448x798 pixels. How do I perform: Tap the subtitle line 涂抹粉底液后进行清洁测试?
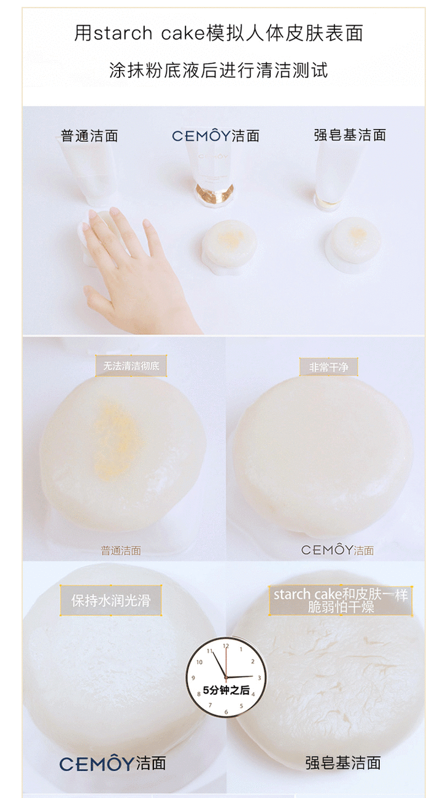click(218, 70)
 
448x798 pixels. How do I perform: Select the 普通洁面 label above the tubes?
click(90, 136)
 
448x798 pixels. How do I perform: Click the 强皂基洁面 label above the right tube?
click(350, 135)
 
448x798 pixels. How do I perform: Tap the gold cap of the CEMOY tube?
click(215, 194)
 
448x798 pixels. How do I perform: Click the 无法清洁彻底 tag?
click(131, 366)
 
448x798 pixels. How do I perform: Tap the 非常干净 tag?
click(328, 367)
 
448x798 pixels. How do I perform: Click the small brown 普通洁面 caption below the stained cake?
click(121, 550)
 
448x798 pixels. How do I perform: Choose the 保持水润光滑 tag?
click(110, 601)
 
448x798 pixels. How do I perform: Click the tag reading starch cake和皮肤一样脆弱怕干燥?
click(341, 601)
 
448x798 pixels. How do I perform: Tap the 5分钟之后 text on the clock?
click(226, 690)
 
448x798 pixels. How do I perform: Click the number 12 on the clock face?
click(226, 646)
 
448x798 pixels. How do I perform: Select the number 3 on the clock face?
click(260, 678)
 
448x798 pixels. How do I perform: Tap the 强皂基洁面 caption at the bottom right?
click(344, 763)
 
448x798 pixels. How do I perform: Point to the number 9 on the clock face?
click(193, 678)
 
